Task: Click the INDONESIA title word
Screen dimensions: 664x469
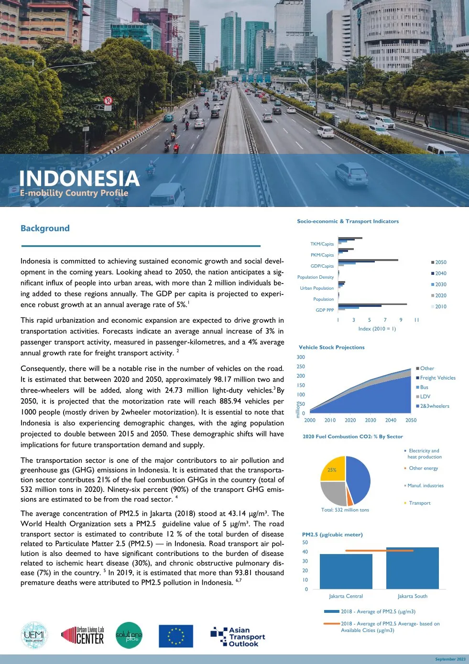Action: (79, 178)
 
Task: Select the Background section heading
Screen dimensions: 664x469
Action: (45, 229)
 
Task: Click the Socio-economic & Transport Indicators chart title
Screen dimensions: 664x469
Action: (348, 221)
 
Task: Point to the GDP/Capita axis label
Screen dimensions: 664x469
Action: (322, 266)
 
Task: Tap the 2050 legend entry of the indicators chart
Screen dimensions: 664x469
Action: (438, 262)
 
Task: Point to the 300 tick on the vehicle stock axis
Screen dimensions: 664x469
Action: (301, 357)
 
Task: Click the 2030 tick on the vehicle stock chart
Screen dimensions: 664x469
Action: (371, 420)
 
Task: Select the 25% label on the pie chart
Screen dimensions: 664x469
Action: (332, 470)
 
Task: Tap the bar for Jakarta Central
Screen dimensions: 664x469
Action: (346, 571)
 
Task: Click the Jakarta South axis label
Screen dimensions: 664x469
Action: (413, 596)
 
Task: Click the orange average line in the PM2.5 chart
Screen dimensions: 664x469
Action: (379, 551)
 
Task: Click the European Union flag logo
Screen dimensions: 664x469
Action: (175, 636)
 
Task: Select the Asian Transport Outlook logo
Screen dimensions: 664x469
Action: (238, 637)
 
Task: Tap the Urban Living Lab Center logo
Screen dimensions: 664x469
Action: (83, 636)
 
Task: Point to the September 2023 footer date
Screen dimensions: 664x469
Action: (450, 659)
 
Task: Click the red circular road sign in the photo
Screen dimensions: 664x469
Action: (108, 100)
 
